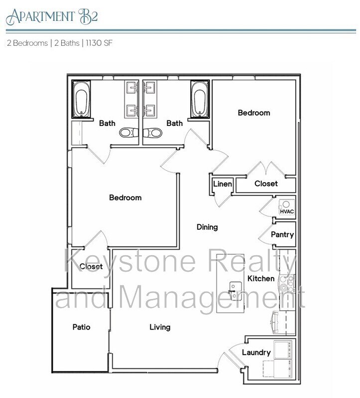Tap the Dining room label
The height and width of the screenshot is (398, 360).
[x=207, y=227]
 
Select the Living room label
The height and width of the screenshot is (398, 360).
[x=160, y=327]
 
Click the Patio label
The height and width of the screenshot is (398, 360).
[x=81, y=327]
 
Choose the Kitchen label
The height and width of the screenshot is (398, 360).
[x=261, y=279]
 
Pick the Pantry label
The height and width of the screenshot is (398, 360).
[x=282, y=235]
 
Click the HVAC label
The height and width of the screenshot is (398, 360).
[x=287, y=212]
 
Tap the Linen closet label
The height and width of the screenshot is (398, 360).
[x=222, y=184]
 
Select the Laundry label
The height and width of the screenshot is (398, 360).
[x=256, y=353]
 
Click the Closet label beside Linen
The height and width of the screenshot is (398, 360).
[x=266, y=184]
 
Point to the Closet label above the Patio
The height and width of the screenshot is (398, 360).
[x=91, y=267]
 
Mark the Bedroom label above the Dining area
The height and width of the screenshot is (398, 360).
[x=125, y=198]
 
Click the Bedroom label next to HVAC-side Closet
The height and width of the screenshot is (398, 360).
[x=254, y=113]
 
